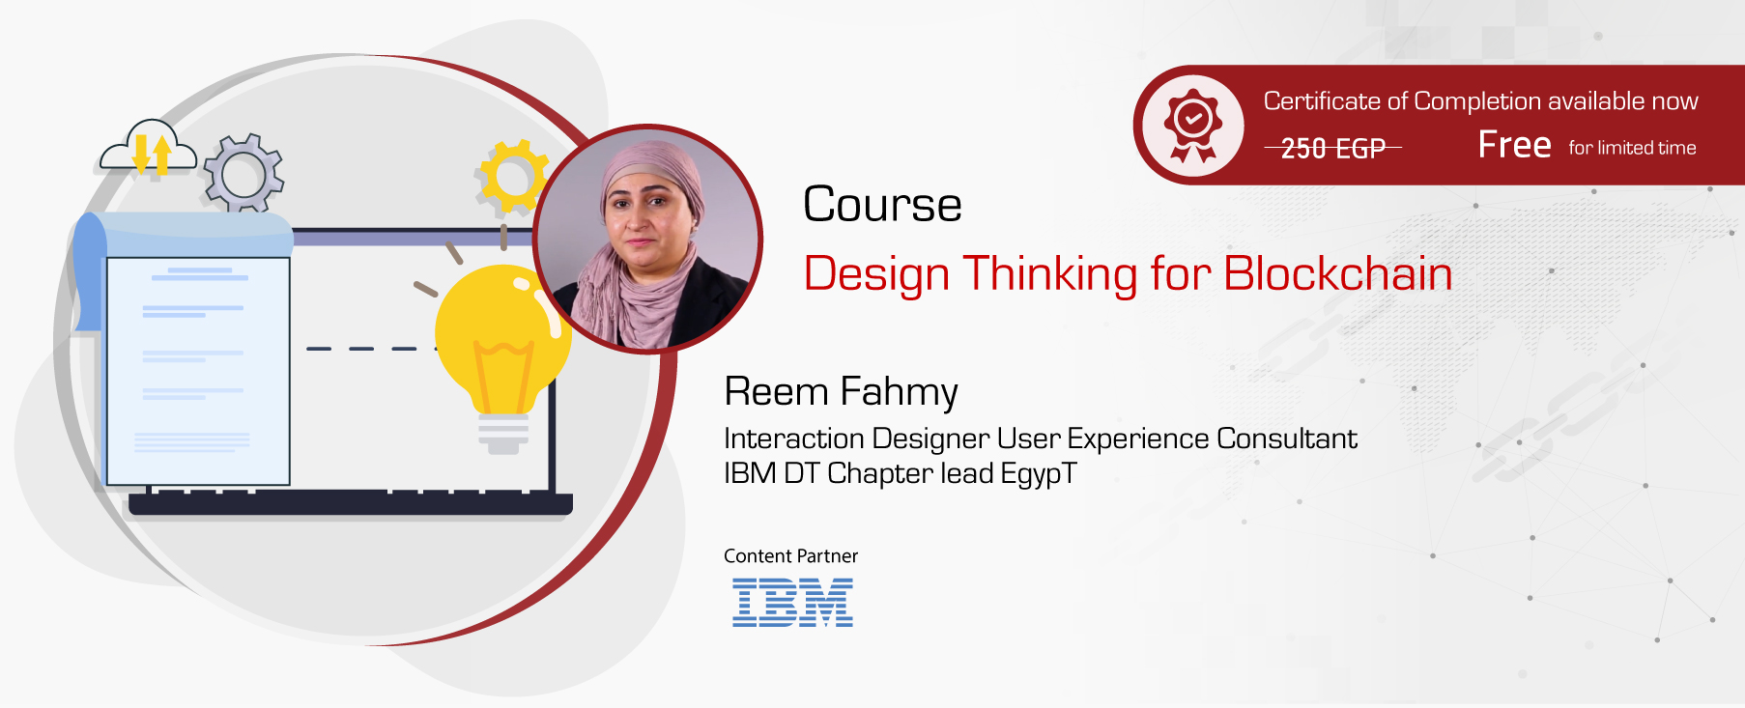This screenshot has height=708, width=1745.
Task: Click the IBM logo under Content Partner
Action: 792,603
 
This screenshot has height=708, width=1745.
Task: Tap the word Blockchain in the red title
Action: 1337,273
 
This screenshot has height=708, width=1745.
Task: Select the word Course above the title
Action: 882,205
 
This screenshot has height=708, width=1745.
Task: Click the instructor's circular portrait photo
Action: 647,240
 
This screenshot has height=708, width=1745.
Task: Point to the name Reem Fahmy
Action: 841,392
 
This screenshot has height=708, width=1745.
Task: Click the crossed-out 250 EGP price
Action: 1332,149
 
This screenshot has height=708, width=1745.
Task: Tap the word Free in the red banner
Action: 1514,146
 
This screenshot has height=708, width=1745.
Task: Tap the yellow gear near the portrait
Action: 512,177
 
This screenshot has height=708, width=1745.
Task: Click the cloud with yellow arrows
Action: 149,150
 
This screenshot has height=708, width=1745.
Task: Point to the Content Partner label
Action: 790,556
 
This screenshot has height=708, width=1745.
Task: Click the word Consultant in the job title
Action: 1286,439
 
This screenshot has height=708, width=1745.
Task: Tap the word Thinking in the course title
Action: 1051,274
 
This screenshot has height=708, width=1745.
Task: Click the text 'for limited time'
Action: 1632,148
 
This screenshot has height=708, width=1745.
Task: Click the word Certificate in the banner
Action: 1321,101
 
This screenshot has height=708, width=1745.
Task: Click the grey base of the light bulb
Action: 503,435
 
